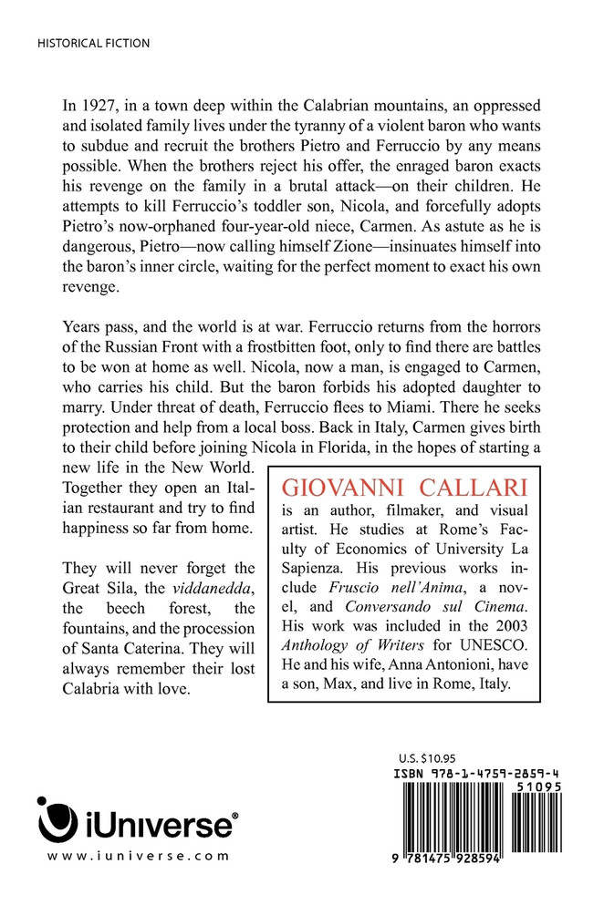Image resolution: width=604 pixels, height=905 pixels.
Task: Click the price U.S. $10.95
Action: [428, 757]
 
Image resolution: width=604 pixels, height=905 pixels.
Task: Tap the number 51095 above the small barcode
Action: [538, 785]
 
